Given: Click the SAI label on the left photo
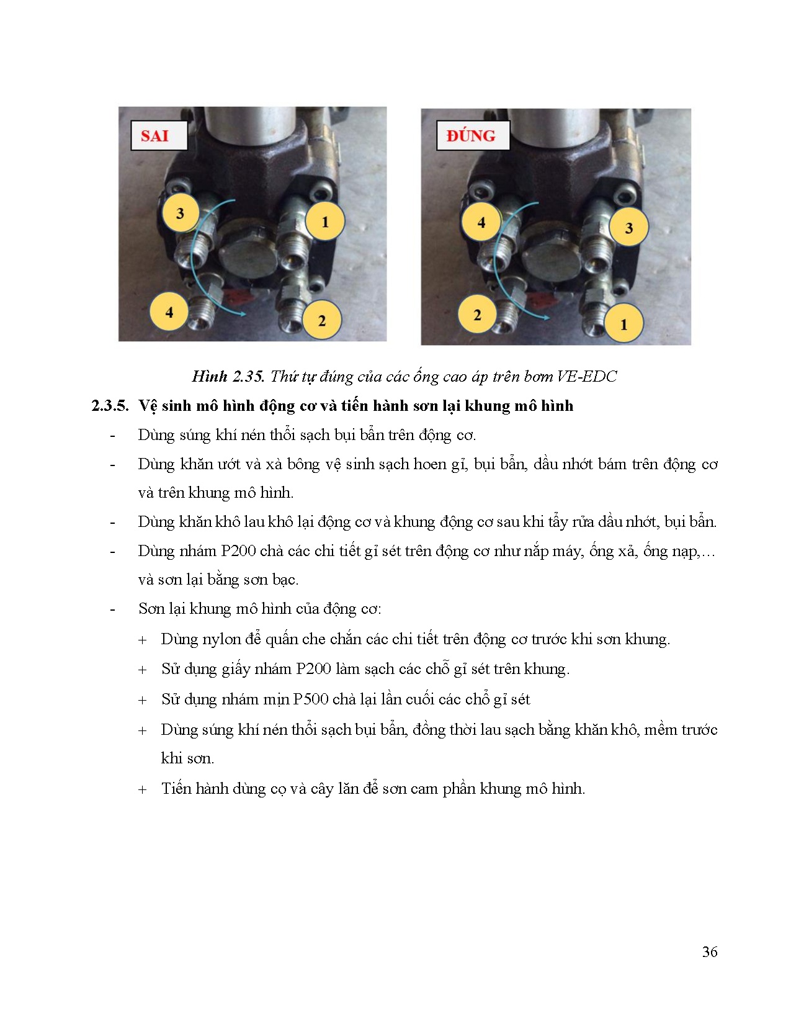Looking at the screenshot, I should (155, 136).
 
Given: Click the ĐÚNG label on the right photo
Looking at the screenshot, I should (471, 136).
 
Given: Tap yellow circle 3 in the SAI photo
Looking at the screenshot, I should (181, 213).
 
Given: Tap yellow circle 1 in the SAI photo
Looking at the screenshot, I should (324, 222).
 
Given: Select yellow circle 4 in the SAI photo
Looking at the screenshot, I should (169, 312).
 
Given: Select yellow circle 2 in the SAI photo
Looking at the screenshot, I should (321, 320).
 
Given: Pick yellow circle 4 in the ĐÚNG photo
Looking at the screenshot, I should (481, 222).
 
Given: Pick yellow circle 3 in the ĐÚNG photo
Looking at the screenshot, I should (628, 228).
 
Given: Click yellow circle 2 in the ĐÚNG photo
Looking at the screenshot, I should (477, 315).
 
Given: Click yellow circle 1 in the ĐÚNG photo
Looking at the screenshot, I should (623, 324).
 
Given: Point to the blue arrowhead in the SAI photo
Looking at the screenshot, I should (243, 315).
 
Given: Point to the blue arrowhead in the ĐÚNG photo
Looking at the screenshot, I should (545, 317).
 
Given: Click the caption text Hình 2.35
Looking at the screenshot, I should (228, 376).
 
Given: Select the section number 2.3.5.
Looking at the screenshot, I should (110, 406).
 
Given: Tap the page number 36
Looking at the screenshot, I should (710, 951).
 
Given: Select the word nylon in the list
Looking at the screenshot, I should (221, 639).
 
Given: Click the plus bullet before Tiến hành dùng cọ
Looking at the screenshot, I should (143, 789).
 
